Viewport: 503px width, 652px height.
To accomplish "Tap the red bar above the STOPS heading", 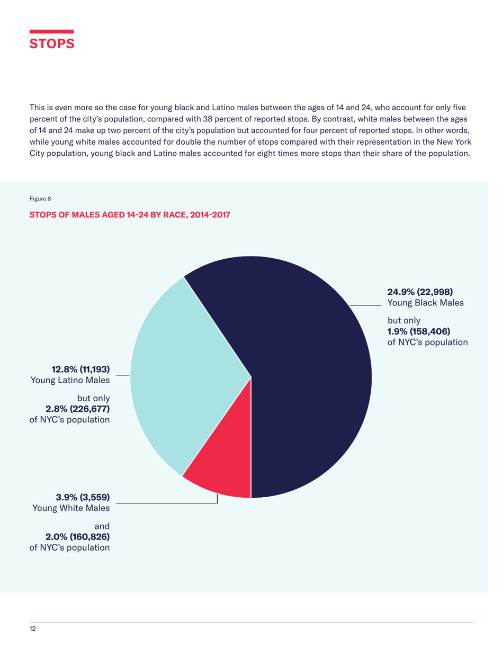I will pos(51,31).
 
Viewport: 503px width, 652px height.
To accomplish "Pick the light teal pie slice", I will pos(180,371).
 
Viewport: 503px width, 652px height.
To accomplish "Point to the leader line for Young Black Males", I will pos(365,305).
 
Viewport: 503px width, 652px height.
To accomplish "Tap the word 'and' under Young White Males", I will pos(102,526).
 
